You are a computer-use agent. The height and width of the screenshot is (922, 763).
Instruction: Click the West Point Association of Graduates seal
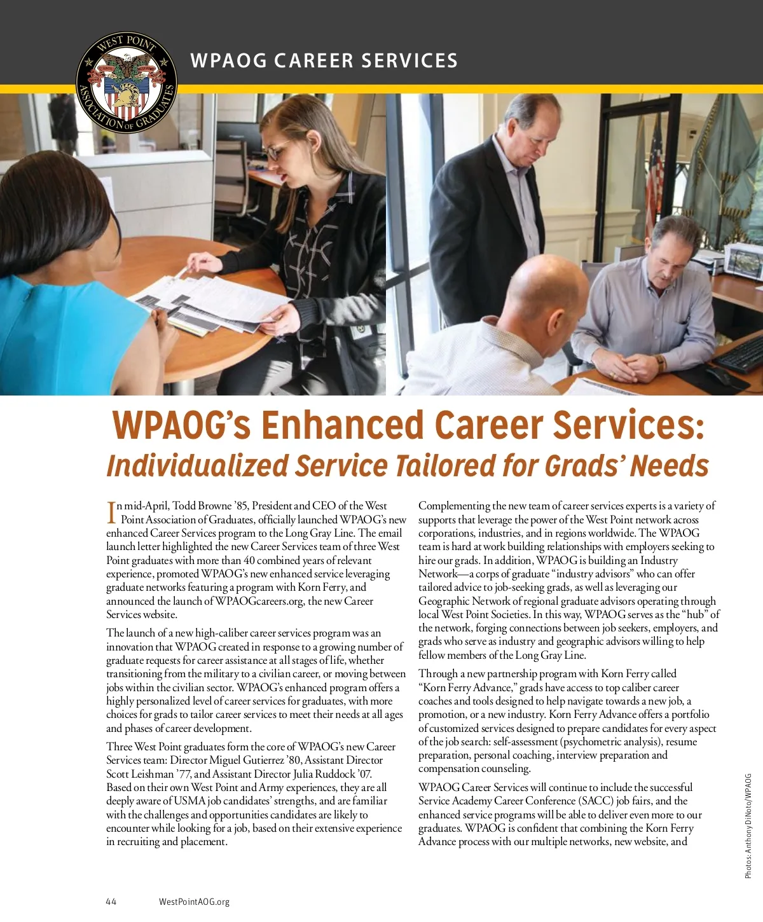126,81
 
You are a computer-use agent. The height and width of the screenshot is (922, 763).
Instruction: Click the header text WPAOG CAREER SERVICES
324,61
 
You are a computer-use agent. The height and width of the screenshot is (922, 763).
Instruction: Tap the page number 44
111,902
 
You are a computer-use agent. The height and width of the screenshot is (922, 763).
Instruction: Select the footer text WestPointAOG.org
194,902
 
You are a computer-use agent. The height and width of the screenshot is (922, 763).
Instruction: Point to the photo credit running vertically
748,826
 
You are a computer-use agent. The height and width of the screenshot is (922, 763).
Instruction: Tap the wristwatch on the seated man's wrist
659,362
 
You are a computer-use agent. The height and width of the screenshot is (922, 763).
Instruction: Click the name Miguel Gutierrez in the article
249,760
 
